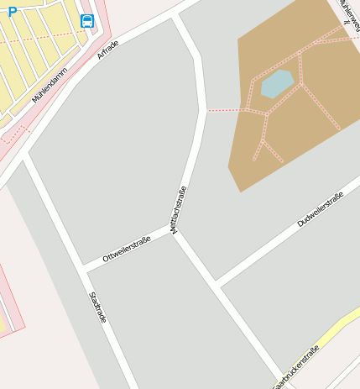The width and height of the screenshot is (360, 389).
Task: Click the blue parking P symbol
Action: pos(12,11)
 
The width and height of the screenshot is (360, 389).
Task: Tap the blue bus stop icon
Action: pos(87,21)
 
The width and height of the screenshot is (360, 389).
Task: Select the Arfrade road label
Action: pos(108,50)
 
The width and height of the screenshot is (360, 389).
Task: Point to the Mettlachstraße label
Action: pos(179,209)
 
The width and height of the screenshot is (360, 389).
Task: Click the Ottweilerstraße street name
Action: pos(127,250)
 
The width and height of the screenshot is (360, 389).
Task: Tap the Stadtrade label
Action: pos(98,308)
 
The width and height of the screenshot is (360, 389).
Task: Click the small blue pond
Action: pos(276,83)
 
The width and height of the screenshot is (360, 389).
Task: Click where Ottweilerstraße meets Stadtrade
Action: pos(83,267)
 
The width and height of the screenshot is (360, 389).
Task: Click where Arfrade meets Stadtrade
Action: pos(28,155)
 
